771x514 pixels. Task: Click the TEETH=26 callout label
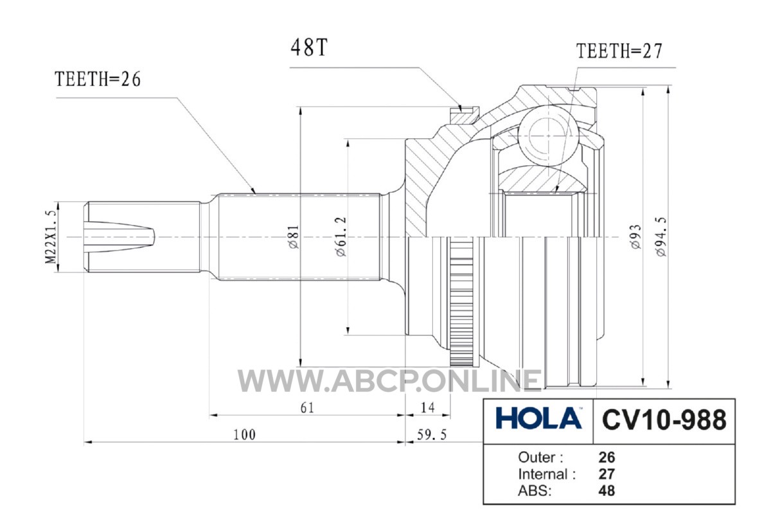(x=98, y=79)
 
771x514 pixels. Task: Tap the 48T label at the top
(x=309, y=47)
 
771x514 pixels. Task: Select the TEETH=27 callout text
(x=619, y=51)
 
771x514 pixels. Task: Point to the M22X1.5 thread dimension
(x=50, y=237)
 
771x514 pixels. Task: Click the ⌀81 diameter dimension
(x=294, y=237)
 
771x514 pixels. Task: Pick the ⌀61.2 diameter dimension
(x=341, y=237)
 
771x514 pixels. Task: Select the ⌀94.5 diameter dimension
(x=661, y=237)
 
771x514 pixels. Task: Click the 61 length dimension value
(x=307, y=408)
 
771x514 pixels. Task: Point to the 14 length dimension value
(x=428, y=408)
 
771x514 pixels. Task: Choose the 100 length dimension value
(x=244, y=435)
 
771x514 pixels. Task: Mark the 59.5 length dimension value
(x=432, y=435)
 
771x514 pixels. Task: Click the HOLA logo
(x=538, y=418)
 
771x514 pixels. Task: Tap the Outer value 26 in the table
(x=607, y=457)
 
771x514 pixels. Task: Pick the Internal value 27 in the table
(x=607, y=474)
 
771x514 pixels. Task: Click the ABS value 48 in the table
(x=607, y=491)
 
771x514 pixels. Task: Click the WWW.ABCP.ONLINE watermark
(x=389, y=381)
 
